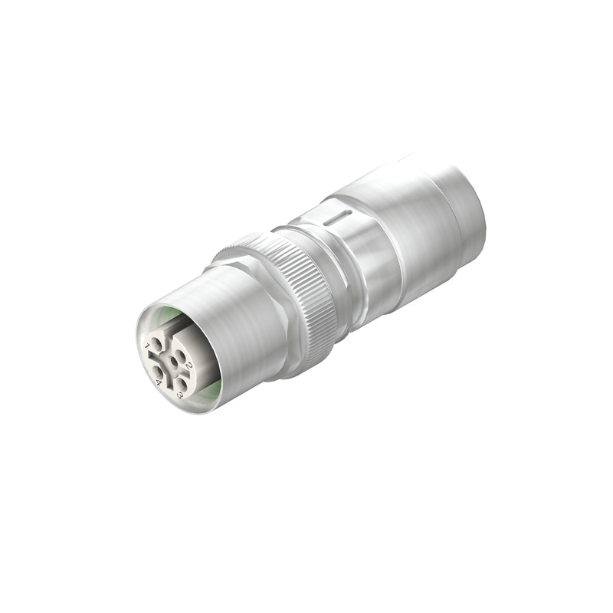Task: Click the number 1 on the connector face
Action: [146, 346]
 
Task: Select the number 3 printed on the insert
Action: [179, 395]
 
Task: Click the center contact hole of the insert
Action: [174, 362]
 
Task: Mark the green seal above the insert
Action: [165, 313]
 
